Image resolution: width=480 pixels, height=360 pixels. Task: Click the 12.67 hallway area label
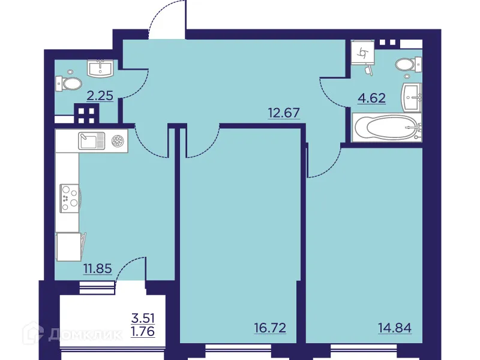(x=283, y=112)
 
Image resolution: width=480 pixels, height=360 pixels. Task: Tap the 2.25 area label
(x=100, y=95)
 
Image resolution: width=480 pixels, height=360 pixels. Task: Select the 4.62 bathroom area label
(x=371, y=97)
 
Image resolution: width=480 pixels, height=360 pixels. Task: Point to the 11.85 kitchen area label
(x=98, y=268)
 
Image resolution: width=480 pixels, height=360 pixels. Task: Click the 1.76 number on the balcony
(x=143, y=330)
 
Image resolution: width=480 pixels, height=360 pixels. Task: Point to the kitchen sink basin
(x=91, y=142)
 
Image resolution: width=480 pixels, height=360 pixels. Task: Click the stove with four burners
(x=69, y=196)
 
